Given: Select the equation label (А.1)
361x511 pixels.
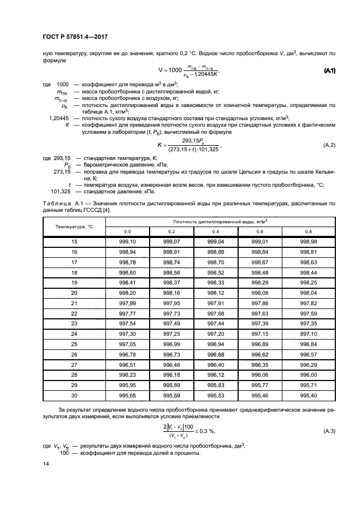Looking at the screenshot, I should [329, 72].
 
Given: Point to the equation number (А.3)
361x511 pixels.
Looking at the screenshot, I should [329, 431].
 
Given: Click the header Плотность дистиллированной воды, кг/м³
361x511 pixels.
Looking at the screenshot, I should [217, 221].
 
